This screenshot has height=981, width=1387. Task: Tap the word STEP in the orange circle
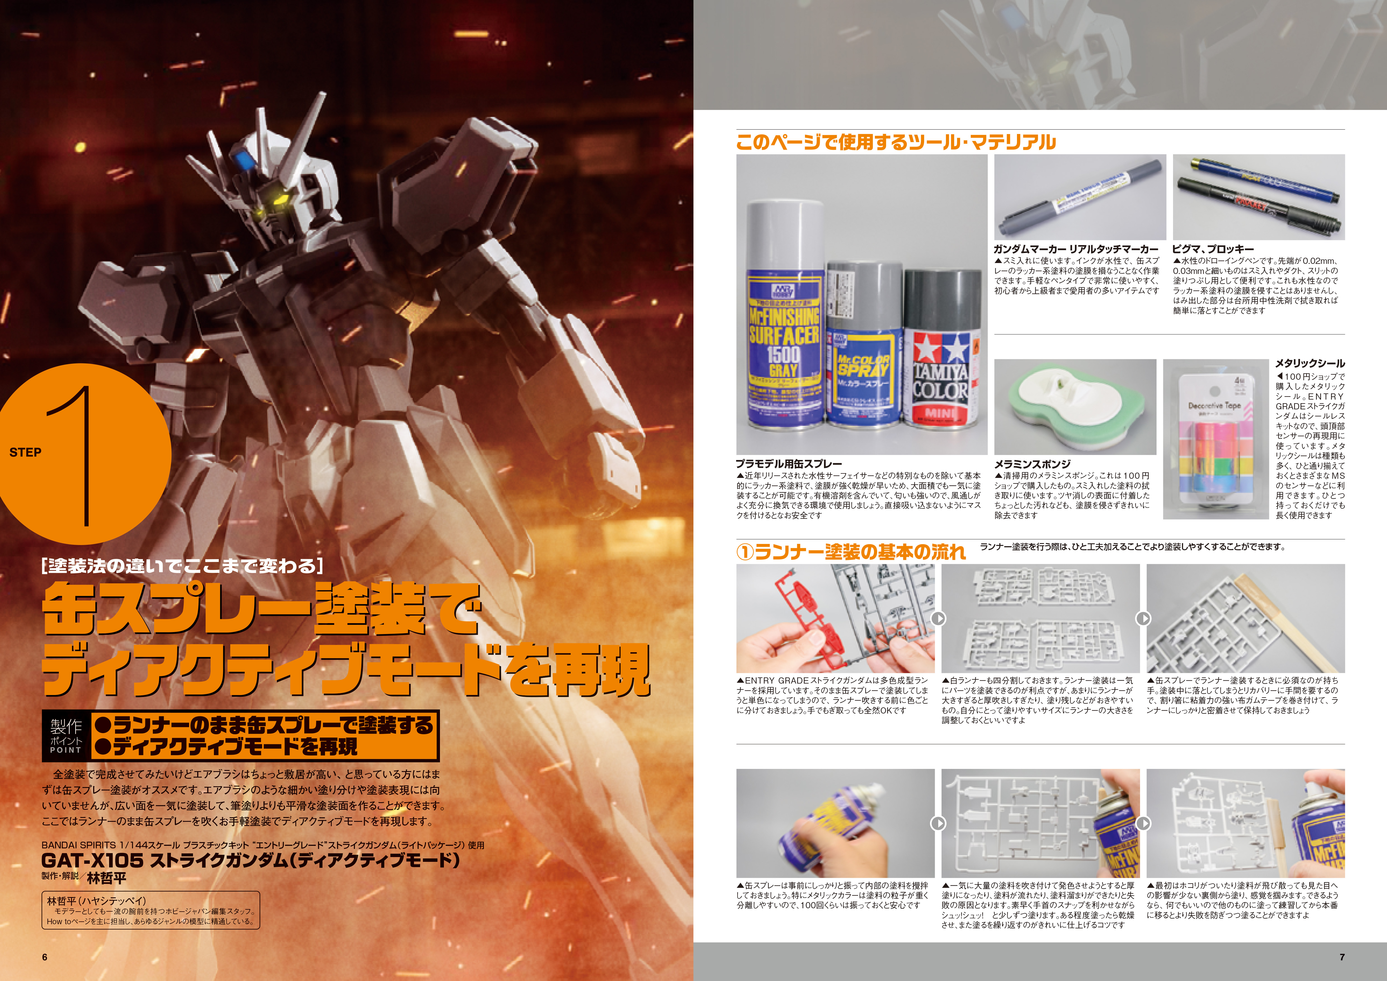(25, 452)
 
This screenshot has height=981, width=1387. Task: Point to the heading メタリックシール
(1310, 363)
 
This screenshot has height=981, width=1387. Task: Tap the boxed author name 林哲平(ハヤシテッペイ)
(97, 901)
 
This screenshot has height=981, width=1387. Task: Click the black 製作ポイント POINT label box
(66, 736)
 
